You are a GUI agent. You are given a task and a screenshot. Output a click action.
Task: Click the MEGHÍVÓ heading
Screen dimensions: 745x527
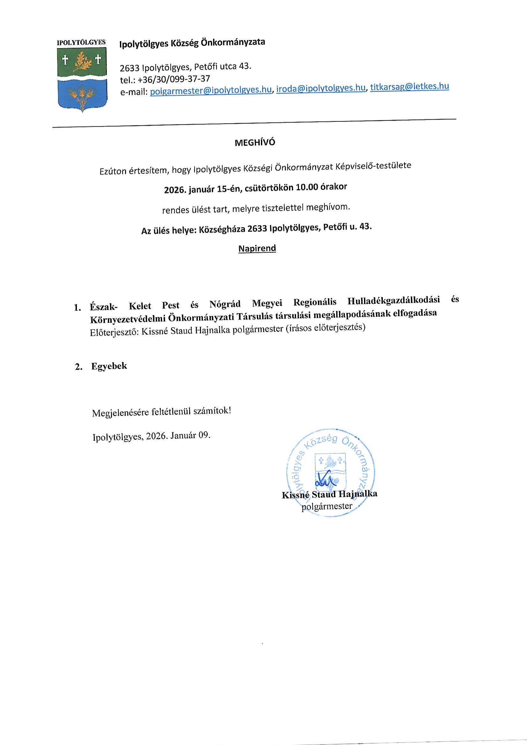[x=255, y=143]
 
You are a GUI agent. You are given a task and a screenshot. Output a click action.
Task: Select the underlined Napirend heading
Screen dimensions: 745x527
[x=257, y=248]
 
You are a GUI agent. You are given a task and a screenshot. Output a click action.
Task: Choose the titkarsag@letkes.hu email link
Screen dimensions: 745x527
[x=410, y=86]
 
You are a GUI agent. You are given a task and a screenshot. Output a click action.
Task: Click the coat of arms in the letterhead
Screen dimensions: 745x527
[x=82, y=79]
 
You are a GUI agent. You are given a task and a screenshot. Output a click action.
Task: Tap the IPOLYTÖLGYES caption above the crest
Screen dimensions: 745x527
[x=81, y=42]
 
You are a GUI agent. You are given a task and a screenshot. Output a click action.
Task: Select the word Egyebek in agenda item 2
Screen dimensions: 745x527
[x=109, y=366]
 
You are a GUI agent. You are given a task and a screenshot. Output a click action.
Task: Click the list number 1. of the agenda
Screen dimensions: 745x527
[x=78, y=308]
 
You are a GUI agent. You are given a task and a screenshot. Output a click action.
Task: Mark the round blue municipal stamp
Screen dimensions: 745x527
[x=330, y=473]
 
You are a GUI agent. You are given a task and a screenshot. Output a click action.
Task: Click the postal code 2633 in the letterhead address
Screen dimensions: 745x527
[x=129, y=68]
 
